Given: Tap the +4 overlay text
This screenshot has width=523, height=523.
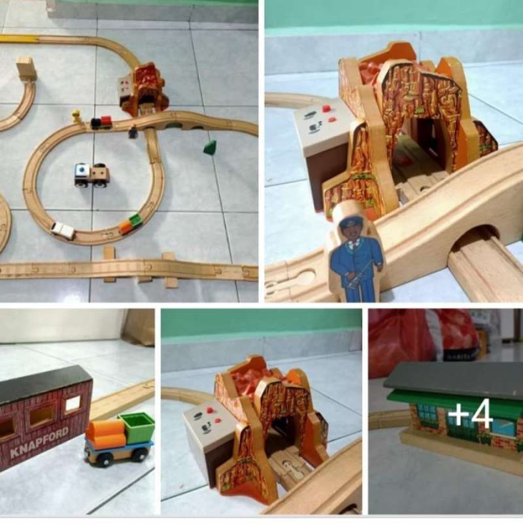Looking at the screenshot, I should (469, 414).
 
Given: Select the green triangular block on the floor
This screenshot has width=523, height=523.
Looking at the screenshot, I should (210, 148).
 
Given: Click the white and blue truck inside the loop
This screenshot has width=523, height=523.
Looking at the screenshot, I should (91, 175).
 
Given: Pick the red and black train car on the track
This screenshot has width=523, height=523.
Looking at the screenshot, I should (101, 122).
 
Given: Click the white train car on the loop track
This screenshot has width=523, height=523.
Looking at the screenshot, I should (63, 230).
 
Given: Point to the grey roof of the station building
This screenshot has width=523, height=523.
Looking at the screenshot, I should (451, 378).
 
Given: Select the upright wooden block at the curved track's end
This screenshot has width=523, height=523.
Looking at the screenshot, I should (26, 68).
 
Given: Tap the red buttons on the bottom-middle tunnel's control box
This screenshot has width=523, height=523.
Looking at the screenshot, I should (207, 411).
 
